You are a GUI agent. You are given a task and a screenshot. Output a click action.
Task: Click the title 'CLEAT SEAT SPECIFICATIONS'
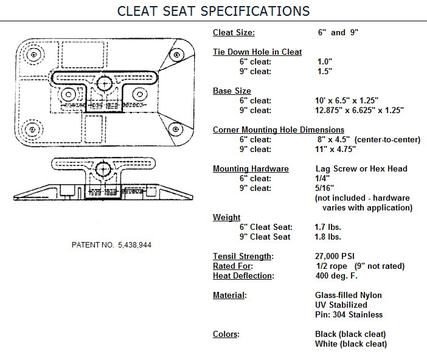tap(213, 11)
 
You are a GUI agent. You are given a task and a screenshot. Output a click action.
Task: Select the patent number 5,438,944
tap(134, 245)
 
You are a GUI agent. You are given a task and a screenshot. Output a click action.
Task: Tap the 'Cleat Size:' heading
tap(234, 32)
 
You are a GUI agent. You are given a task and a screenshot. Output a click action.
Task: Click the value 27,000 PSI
tap(335, 256)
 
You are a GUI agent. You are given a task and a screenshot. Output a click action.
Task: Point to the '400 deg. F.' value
tap(336, 275)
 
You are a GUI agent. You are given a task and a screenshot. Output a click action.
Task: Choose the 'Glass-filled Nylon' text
tap(349, 295)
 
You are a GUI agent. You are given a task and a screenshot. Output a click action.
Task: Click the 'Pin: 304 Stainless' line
tap(349, 314)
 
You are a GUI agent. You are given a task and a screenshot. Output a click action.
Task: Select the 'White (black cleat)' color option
tap(351, 344)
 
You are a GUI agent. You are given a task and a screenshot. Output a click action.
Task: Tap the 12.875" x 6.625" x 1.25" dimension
tap(359, 110)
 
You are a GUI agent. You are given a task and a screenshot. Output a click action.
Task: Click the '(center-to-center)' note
tap(387, 140)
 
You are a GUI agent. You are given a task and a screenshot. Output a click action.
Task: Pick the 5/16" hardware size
tap(324, 188)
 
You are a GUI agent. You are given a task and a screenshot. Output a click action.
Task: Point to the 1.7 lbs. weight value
tap(328, 227)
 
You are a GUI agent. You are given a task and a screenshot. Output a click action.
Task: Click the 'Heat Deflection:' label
tap(243, 275)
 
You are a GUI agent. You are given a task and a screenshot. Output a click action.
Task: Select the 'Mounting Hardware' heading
tap(251, 169)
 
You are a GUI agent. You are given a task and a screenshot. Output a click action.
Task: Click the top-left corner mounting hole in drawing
tap(34, 55)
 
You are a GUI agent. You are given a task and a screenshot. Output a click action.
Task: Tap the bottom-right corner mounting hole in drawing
tap(176, 128)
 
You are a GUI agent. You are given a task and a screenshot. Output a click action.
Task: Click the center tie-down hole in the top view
tap(104, 83)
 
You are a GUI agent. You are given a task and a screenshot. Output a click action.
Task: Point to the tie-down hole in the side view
tap(103, 170)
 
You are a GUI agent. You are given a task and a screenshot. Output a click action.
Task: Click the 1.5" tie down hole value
tap(325, 71)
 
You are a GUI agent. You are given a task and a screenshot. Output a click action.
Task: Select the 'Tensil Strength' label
tap(242, 256)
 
